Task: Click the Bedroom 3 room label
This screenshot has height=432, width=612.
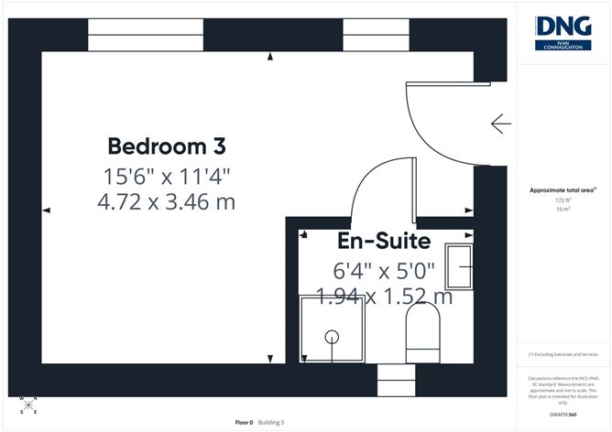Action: (167, 146)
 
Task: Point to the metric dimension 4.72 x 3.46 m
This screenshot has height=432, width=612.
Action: (167, 201)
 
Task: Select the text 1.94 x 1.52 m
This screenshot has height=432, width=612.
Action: (384, 297)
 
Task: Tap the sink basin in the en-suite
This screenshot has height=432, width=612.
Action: (458, 265)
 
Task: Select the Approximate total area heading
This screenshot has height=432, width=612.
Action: (563, 189)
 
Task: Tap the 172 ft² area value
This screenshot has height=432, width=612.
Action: (563, 200)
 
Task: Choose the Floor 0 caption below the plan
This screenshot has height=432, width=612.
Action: (244, 422)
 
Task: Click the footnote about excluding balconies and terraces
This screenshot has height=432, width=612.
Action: (563, 354)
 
